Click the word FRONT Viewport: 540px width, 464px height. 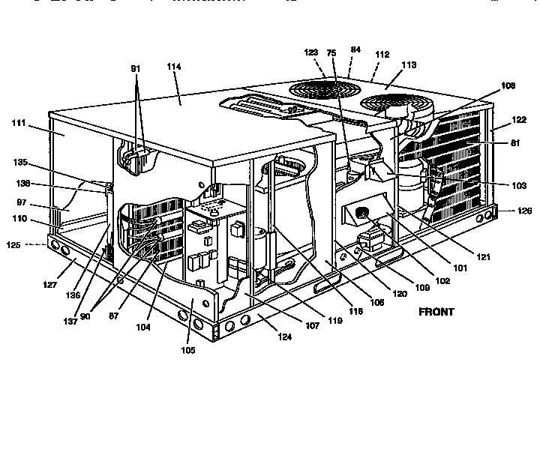pos(436,312)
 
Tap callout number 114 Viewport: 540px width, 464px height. pos(174,67)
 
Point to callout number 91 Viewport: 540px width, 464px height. pos(136,68)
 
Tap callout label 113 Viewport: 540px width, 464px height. pos(409,64)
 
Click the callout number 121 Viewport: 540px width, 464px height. pos(483,257)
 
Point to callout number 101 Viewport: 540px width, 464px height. pos(459,268)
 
